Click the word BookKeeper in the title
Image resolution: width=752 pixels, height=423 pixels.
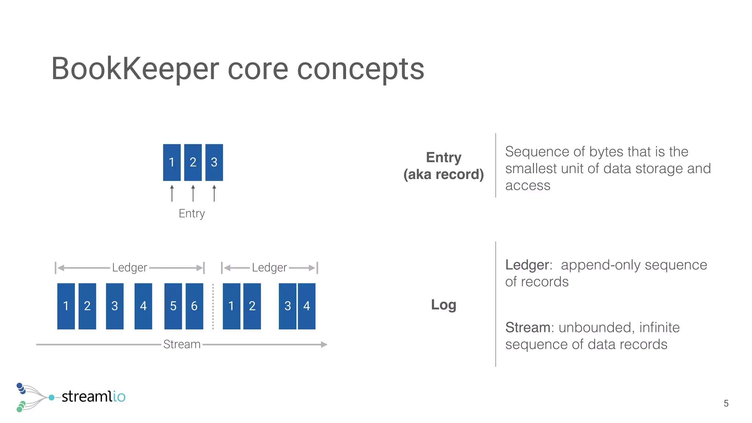135,69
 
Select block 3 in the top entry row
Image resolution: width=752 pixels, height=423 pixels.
214,162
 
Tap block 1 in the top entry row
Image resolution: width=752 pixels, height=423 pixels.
171,162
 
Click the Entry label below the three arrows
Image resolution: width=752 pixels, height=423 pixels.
192,214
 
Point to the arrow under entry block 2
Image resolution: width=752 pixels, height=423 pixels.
193,194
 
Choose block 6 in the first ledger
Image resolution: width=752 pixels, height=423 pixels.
194,306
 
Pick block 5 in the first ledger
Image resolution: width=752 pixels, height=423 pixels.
173,306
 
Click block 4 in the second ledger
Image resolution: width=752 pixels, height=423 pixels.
307,306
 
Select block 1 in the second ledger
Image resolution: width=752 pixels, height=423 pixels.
231,306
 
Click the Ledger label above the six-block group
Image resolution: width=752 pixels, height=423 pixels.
130,268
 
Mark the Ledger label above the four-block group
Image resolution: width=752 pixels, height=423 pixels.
269,268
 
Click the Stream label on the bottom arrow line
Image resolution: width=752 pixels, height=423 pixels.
182,344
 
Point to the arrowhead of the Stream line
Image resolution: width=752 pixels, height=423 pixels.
324,344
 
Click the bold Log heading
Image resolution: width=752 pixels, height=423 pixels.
444,305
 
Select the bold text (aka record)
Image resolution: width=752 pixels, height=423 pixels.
444,174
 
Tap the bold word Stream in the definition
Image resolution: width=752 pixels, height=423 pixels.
527,328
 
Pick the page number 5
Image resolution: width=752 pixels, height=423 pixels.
726,404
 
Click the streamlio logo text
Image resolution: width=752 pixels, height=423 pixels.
93,397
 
